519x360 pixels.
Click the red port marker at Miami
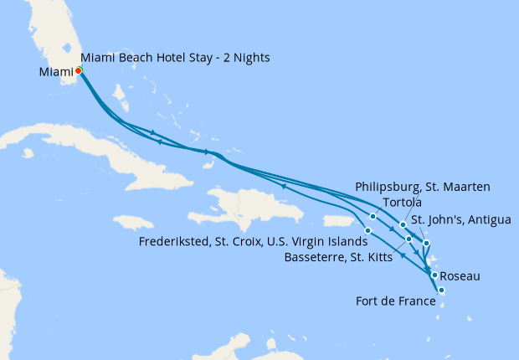pos(78,71)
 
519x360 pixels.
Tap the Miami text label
pos(56,72)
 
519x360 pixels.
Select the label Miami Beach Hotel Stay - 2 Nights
pos(175,57)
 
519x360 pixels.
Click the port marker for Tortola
pos(373,217)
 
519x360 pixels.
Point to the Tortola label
pos(400,203)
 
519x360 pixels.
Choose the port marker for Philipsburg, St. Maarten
pos(403,224)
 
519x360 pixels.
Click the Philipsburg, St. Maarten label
pos(422,186)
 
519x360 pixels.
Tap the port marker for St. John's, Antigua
pos(427,244)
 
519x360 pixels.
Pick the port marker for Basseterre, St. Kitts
pos(409,239)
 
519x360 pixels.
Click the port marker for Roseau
pos(434,275)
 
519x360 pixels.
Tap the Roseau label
pos(460,275)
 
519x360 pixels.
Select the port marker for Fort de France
pos(441,291)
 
